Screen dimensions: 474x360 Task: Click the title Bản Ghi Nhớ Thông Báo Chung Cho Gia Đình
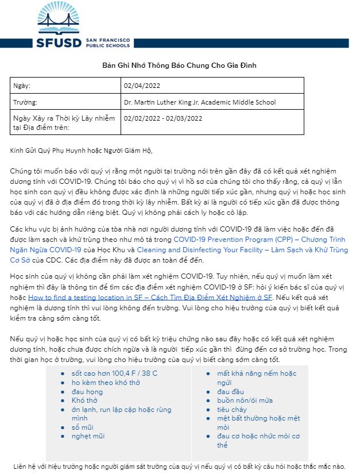point(179,65)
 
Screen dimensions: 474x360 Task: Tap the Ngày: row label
point(22,86)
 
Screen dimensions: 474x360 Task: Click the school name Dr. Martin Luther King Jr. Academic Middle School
point(199,102)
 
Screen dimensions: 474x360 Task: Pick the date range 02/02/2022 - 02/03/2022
point(163,118)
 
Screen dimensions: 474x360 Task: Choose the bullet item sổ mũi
point(83,427)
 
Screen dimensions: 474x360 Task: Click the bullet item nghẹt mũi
point(88,436)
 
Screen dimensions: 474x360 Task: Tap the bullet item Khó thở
point(85,400)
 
